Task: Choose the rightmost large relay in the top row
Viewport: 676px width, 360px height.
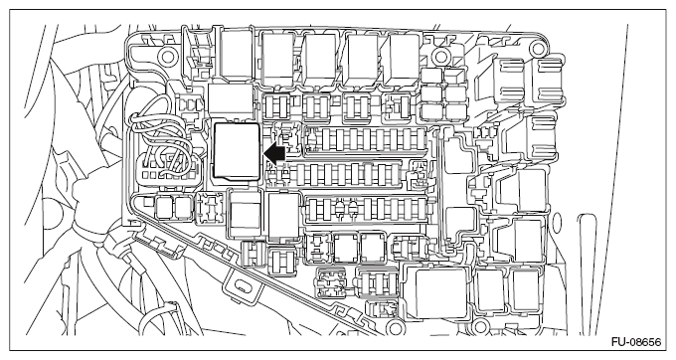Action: coord(404,59)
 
